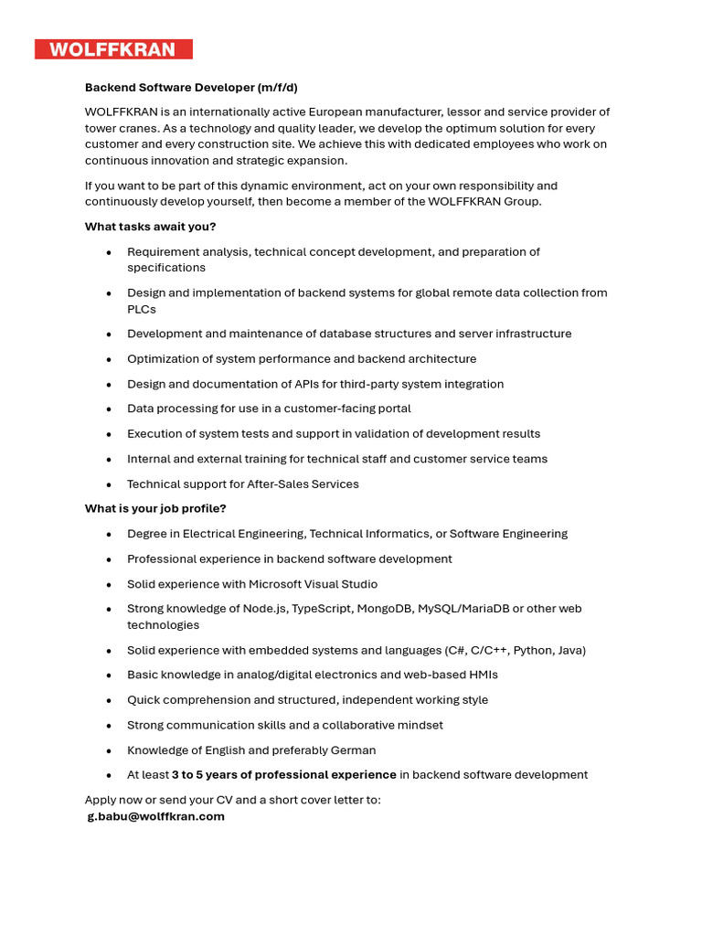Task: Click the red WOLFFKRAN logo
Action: (x=113, y=49)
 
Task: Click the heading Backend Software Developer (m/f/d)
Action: (x=191, y=88)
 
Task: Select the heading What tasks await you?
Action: (x=150, y=227)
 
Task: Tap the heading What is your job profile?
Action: (x=155, y=508)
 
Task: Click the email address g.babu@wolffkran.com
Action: (x=155, y=816)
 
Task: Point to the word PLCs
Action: (x=142, y=309)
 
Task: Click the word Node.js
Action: (x=266, y=609)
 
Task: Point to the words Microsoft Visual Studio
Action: (x=313, y=584)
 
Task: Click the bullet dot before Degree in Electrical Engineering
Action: (x=109, y=534)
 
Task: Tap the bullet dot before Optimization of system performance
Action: (x=109, y=359)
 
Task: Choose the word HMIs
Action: (x=481, y=675)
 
